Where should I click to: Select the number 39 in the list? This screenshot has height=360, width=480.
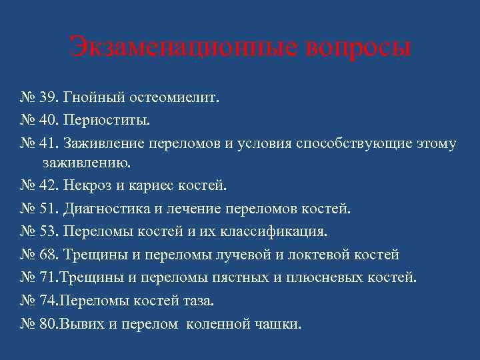[x=49, y=99]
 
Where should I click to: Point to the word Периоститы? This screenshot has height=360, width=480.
[x=107, y=121]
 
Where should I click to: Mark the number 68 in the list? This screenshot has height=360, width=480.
[x=49, y=255]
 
